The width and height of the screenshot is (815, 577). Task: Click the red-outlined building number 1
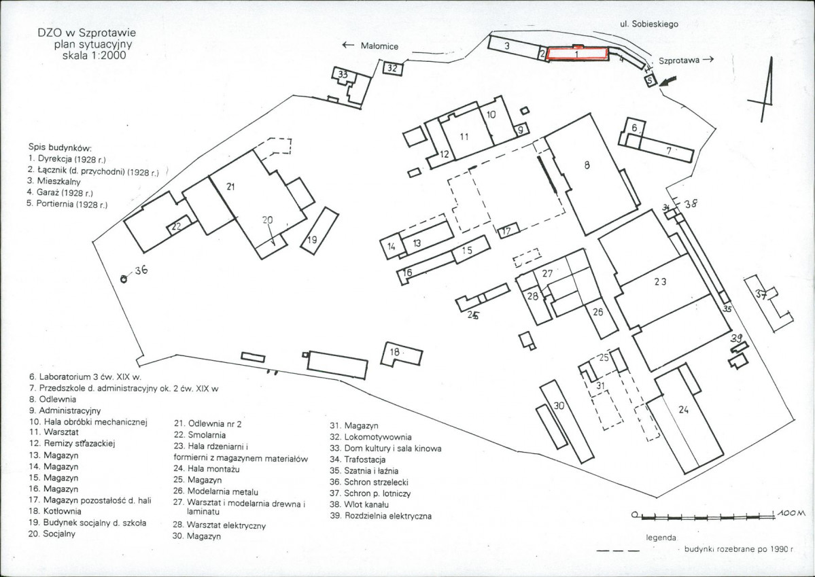[x=578, y=53]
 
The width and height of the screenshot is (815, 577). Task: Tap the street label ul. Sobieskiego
[x=648, y=24]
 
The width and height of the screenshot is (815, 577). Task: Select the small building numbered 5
[x=651, y=80]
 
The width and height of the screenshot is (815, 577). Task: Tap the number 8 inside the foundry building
[x=587, y=165]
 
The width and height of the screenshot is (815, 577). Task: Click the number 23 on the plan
[x=660, y=282]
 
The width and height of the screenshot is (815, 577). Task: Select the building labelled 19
[x=319, y=231]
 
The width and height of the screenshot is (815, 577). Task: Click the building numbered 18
[x=401, y=355]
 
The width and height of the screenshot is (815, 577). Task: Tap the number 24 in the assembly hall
[x=683, y=410]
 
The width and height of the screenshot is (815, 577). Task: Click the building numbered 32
[x=393, y=69]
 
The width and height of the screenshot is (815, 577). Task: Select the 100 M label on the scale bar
[x=792, y=513]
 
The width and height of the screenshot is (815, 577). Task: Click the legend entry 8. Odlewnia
[x=52, y=399]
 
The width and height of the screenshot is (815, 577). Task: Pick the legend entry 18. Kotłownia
[x=55, y=511]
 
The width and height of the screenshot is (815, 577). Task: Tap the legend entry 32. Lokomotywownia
[x=370, y=437]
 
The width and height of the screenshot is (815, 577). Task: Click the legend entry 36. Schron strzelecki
[x=369, y=482]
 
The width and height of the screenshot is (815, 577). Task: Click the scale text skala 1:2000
[x=94, y=56]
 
